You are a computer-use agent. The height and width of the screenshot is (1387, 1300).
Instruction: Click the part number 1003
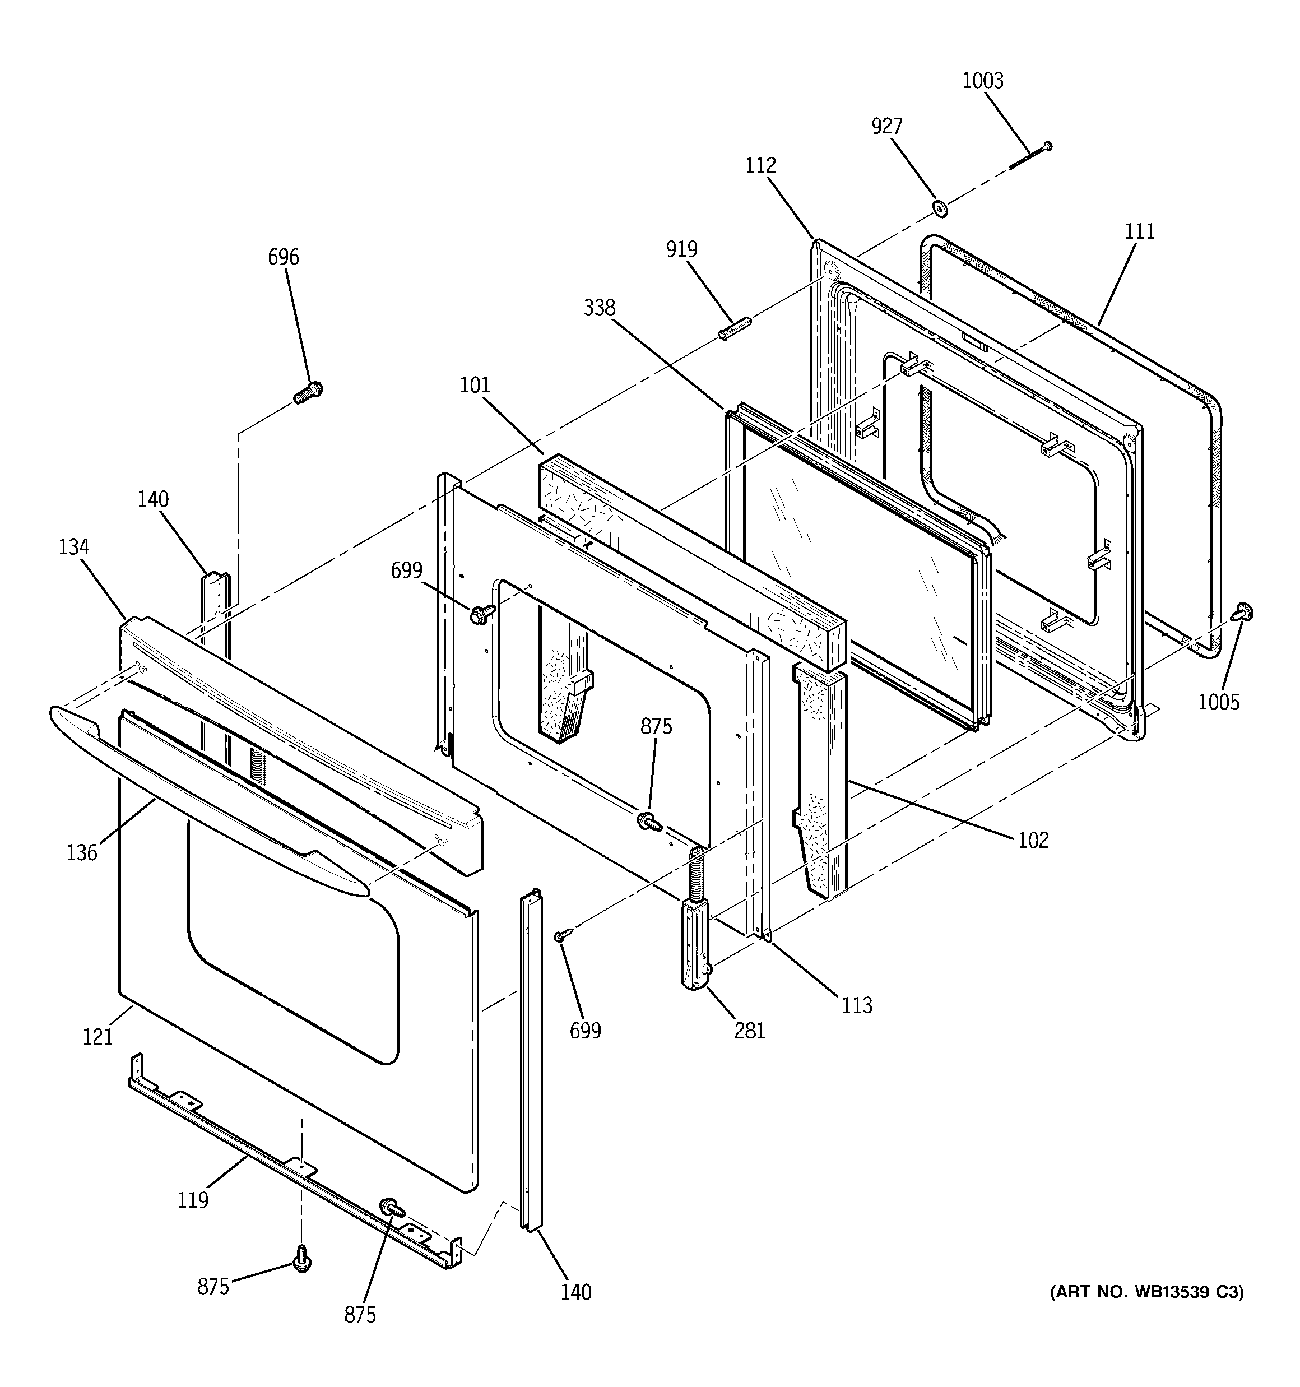(x=982, y=81)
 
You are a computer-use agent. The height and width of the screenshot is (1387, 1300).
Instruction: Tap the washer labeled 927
(x=939, y=207)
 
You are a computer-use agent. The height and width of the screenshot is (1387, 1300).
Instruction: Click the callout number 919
(x=681, y=249)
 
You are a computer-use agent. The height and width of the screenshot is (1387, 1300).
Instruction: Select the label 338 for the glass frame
(x=600, y=308)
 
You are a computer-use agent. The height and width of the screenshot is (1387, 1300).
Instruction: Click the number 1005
(x=1218, y=702)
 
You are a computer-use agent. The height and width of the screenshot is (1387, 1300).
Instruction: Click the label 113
(x=856, y=1005)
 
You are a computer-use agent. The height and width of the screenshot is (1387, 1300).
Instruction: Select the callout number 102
(x=1033, y=840)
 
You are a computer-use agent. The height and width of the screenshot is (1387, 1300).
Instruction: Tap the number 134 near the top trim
(x=73, y=547)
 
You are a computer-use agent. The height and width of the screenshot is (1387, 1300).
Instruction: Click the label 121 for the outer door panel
(x=97, y=1037)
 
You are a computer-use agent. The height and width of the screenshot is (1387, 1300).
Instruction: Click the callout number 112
(x=760, y=166)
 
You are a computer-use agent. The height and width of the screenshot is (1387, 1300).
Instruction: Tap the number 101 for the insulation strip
(x=475, y=385)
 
